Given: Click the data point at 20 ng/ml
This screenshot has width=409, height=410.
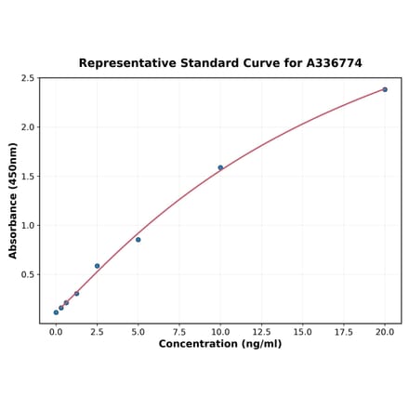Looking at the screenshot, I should (385, 89).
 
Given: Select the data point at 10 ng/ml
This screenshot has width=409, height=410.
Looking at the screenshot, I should (220, 167).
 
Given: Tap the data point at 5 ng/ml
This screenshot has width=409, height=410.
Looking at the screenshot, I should (139, 240).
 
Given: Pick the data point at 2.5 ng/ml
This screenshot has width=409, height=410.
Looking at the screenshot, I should (97, 266).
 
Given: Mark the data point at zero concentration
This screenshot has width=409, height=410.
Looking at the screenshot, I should (56, 312).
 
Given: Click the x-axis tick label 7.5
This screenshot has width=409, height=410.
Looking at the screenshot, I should (179, 331).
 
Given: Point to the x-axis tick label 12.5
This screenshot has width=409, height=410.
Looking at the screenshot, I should (261, 331).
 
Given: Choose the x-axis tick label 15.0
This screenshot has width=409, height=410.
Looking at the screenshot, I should (302, 331).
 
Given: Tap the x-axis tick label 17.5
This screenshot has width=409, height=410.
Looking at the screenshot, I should (344, 331).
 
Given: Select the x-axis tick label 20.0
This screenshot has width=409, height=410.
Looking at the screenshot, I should (385, 331).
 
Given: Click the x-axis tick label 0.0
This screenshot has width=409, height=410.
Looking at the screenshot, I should (56, 331).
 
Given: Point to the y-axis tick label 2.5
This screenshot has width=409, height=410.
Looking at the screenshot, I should (28, 78).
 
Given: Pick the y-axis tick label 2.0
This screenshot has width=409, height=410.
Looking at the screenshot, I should (28, 127).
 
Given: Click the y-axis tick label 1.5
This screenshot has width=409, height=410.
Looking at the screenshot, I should (28, 177).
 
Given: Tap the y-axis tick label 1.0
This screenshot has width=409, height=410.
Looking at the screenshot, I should (28, 225).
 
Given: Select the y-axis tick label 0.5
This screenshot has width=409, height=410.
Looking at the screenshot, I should (28, 274).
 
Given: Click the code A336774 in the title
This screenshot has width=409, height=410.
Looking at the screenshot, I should (330, 63).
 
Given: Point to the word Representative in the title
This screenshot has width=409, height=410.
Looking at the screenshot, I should (125, 63).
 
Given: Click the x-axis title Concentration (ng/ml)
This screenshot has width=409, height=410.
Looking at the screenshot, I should (220, 344).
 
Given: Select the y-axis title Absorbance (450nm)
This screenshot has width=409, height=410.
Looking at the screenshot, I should (13, 200).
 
